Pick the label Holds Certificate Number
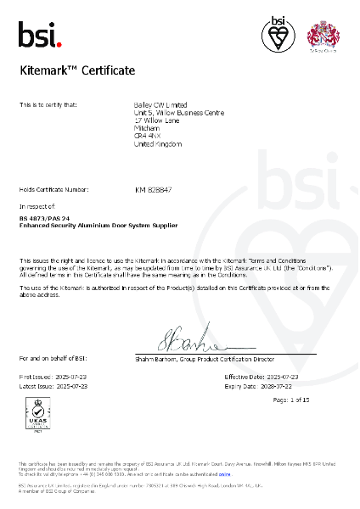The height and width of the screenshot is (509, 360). click(53, 189)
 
